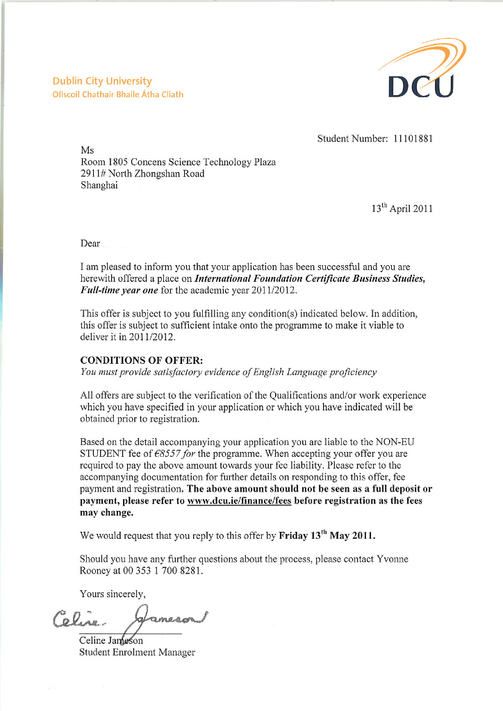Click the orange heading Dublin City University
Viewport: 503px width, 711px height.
click(x=101, y=81)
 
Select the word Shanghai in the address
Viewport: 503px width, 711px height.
click(x=99, y=185)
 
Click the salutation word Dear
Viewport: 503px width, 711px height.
click(x=90, y=244)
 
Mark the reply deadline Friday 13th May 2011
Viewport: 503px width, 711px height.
click(x=327, y=536)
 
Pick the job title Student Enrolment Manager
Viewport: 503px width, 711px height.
click(x=138, y=652)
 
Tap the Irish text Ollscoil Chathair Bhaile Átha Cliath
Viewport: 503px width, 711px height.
click(x=118, y=94)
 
